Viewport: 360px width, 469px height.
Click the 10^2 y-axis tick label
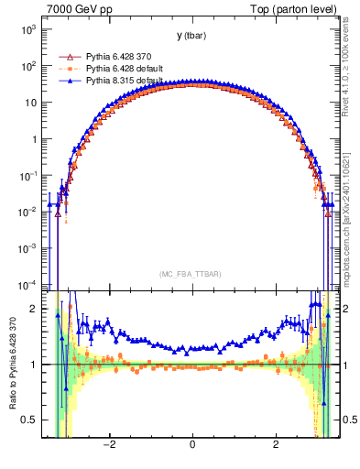coord(28,66)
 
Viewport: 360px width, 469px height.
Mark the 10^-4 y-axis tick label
coord(27,283)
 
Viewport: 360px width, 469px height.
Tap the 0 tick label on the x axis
coord(192,444)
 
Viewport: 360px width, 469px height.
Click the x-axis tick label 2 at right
coord(277,444)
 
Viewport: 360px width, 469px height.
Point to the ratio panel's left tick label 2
coord(35,309)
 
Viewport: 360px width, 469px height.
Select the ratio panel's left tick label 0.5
coord(30,420)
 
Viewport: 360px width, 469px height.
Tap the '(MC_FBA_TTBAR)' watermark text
coord(191,274)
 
